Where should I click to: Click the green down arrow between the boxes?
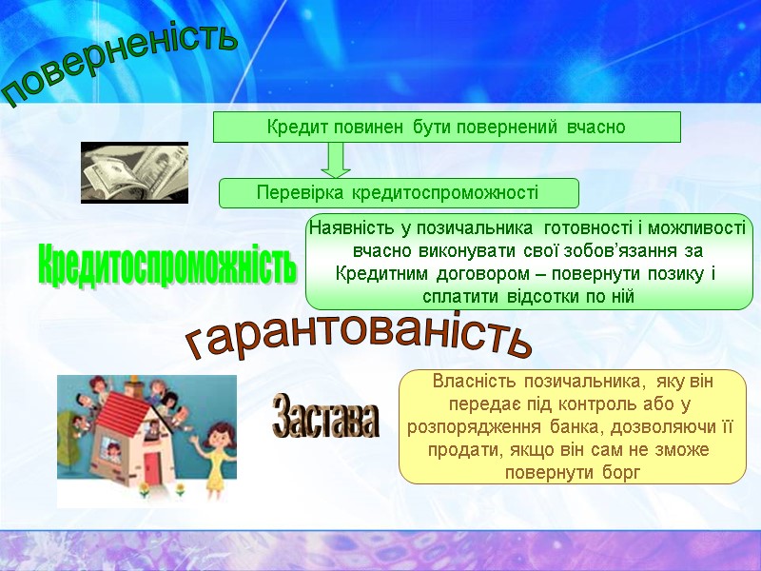click(336, 159)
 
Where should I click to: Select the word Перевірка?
click(302, 193)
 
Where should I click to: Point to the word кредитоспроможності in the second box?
click(445, 193)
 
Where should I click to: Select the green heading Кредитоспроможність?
click(166, 266)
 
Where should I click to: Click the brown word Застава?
click(325, 419)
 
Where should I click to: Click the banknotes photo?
click(134, 172)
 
